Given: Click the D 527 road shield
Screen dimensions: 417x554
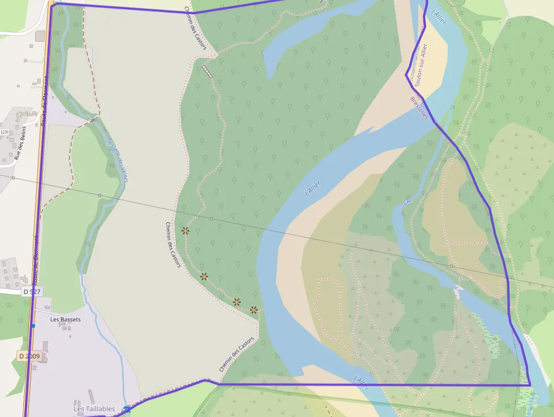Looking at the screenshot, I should tap(32, 291).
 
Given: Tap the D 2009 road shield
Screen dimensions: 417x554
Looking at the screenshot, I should tap(29, 356).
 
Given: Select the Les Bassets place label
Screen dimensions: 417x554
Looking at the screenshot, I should tap(66, 320).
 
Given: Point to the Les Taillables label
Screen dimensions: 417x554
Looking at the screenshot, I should tap(94, 409).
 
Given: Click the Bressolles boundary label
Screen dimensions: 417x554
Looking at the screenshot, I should tap(419, 108).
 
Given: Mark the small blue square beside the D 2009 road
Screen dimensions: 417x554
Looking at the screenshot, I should tap(34, 326).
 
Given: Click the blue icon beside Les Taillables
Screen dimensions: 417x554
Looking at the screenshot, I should tap(126, 409).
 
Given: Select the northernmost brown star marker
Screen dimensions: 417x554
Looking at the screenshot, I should tap(185, 230).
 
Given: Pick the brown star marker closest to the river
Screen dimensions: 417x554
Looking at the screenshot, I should tap(254, 309).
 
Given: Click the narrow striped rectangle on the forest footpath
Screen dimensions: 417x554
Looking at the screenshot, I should tap(208, 71).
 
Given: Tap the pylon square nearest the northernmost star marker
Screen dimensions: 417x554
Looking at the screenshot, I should tap(211, 218).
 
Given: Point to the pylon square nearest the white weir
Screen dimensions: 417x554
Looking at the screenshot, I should tap(451, 265).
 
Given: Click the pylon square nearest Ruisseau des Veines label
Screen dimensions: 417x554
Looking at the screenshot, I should tap(99, 196).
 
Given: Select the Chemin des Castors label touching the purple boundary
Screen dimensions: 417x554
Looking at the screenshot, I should tap(236, 355).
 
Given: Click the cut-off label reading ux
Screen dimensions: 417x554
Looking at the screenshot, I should tap(5, 132).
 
